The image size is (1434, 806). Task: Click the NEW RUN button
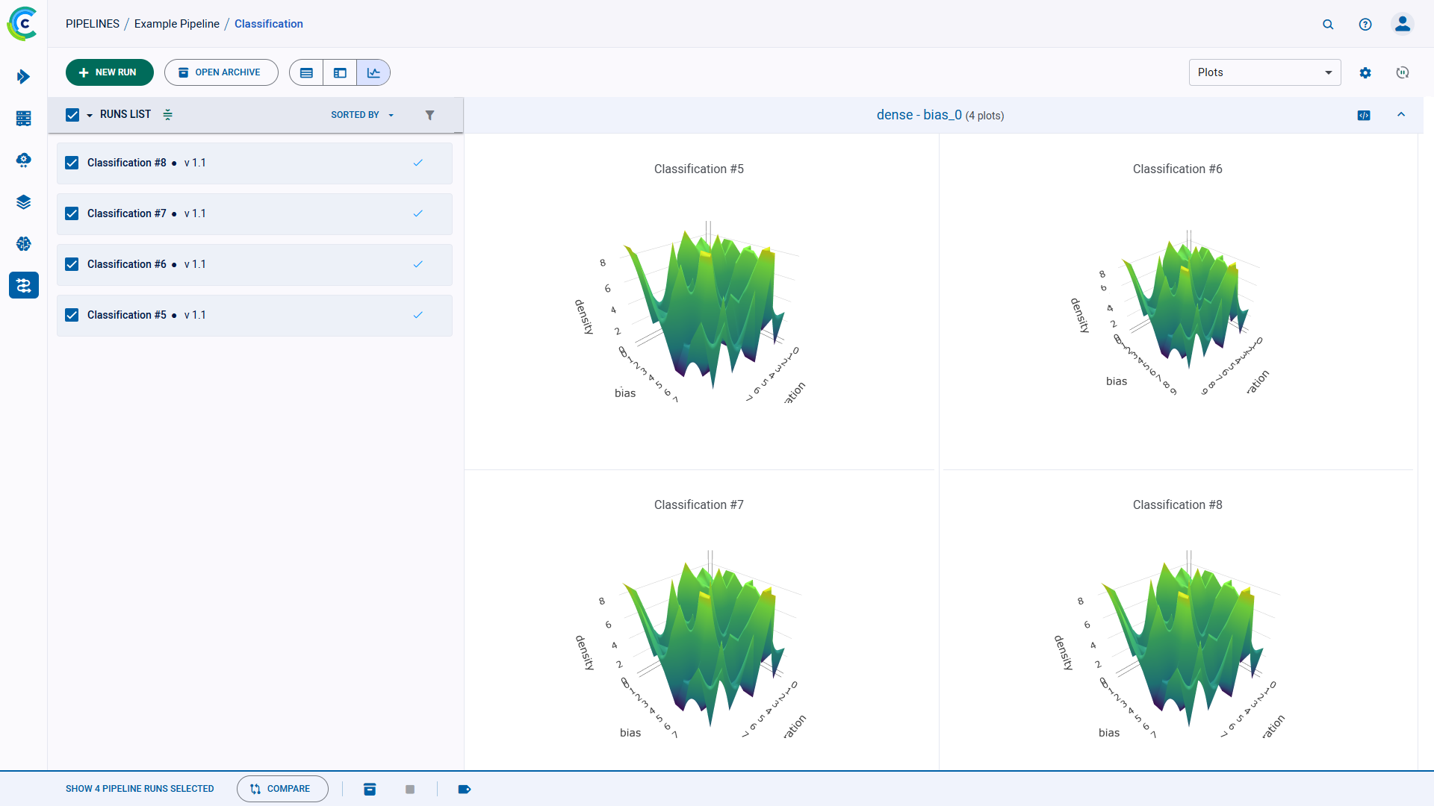109,72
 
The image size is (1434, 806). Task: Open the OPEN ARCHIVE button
221,72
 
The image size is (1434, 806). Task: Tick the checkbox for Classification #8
72,163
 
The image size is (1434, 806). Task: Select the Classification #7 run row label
127,213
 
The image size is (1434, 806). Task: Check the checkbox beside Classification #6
72,264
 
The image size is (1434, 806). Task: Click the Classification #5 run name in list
127,315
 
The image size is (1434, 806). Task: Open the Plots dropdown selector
1264,72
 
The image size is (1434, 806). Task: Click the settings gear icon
1365,72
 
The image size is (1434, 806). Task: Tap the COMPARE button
282,789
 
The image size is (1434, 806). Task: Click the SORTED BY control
361,115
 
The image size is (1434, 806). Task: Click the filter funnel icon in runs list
429,115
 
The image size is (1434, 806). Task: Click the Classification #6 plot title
1177,169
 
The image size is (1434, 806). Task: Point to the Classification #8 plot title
1177,505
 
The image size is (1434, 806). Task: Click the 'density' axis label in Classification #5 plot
583,316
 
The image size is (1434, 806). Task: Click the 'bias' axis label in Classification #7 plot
630,733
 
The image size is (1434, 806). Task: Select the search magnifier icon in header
1328,24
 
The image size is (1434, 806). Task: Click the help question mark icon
1365,24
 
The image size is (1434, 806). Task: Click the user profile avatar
1403,24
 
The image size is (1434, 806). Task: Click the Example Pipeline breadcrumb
177,24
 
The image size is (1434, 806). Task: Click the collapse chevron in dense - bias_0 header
1401,115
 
